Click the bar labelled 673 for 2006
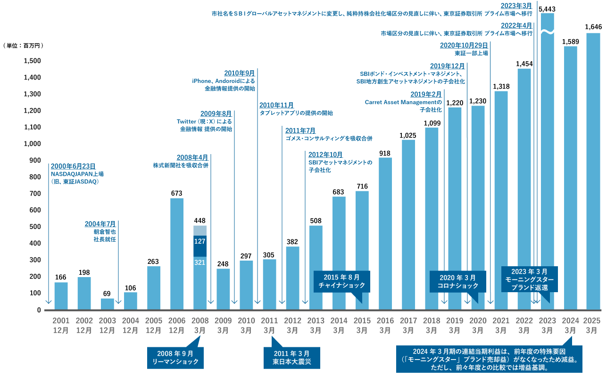click(176, 254)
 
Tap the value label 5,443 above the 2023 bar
click(547, 8)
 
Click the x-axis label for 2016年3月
click(385, 326)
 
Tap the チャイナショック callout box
click(342, 281)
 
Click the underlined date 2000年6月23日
click(73, 166)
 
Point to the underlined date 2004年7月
click(100, 224)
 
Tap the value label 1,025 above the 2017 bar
click(408, 135)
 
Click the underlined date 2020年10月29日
click(464, 45)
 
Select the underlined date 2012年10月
click(325, 155)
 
